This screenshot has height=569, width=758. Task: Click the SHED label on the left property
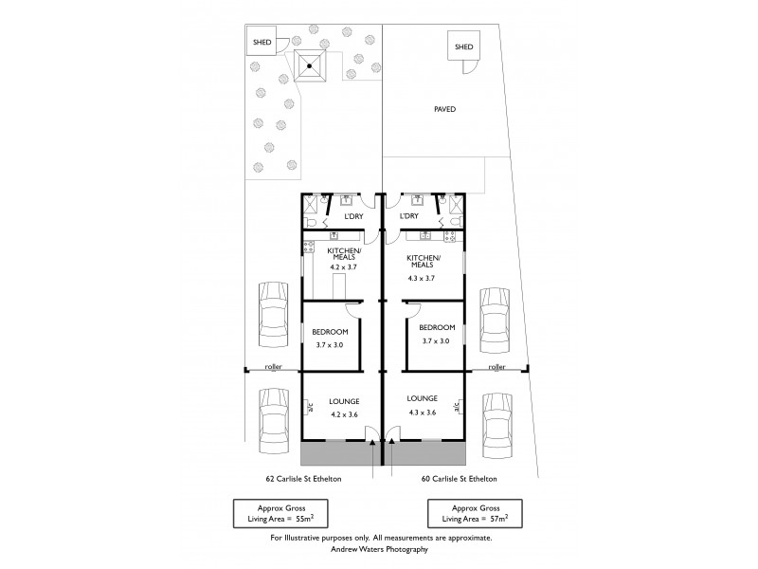pos(261,42)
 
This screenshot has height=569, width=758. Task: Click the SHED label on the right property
pos(463,46)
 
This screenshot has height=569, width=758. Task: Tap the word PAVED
pos(444,109)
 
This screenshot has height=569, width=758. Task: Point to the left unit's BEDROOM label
pos(330,331)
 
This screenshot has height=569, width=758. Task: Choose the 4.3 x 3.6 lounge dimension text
pos(422,412)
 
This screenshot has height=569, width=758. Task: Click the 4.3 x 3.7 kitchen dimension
pos(420,278)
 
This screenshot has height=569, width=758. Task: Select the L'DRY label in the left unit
pos(352,217)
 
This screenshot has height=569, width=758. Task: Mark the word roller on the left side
pos(274,366)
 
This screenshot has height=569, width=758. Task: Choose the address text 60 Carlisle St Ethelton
pos(460,479)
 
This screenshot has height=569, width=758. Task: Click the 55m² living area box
pos(280,513)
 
